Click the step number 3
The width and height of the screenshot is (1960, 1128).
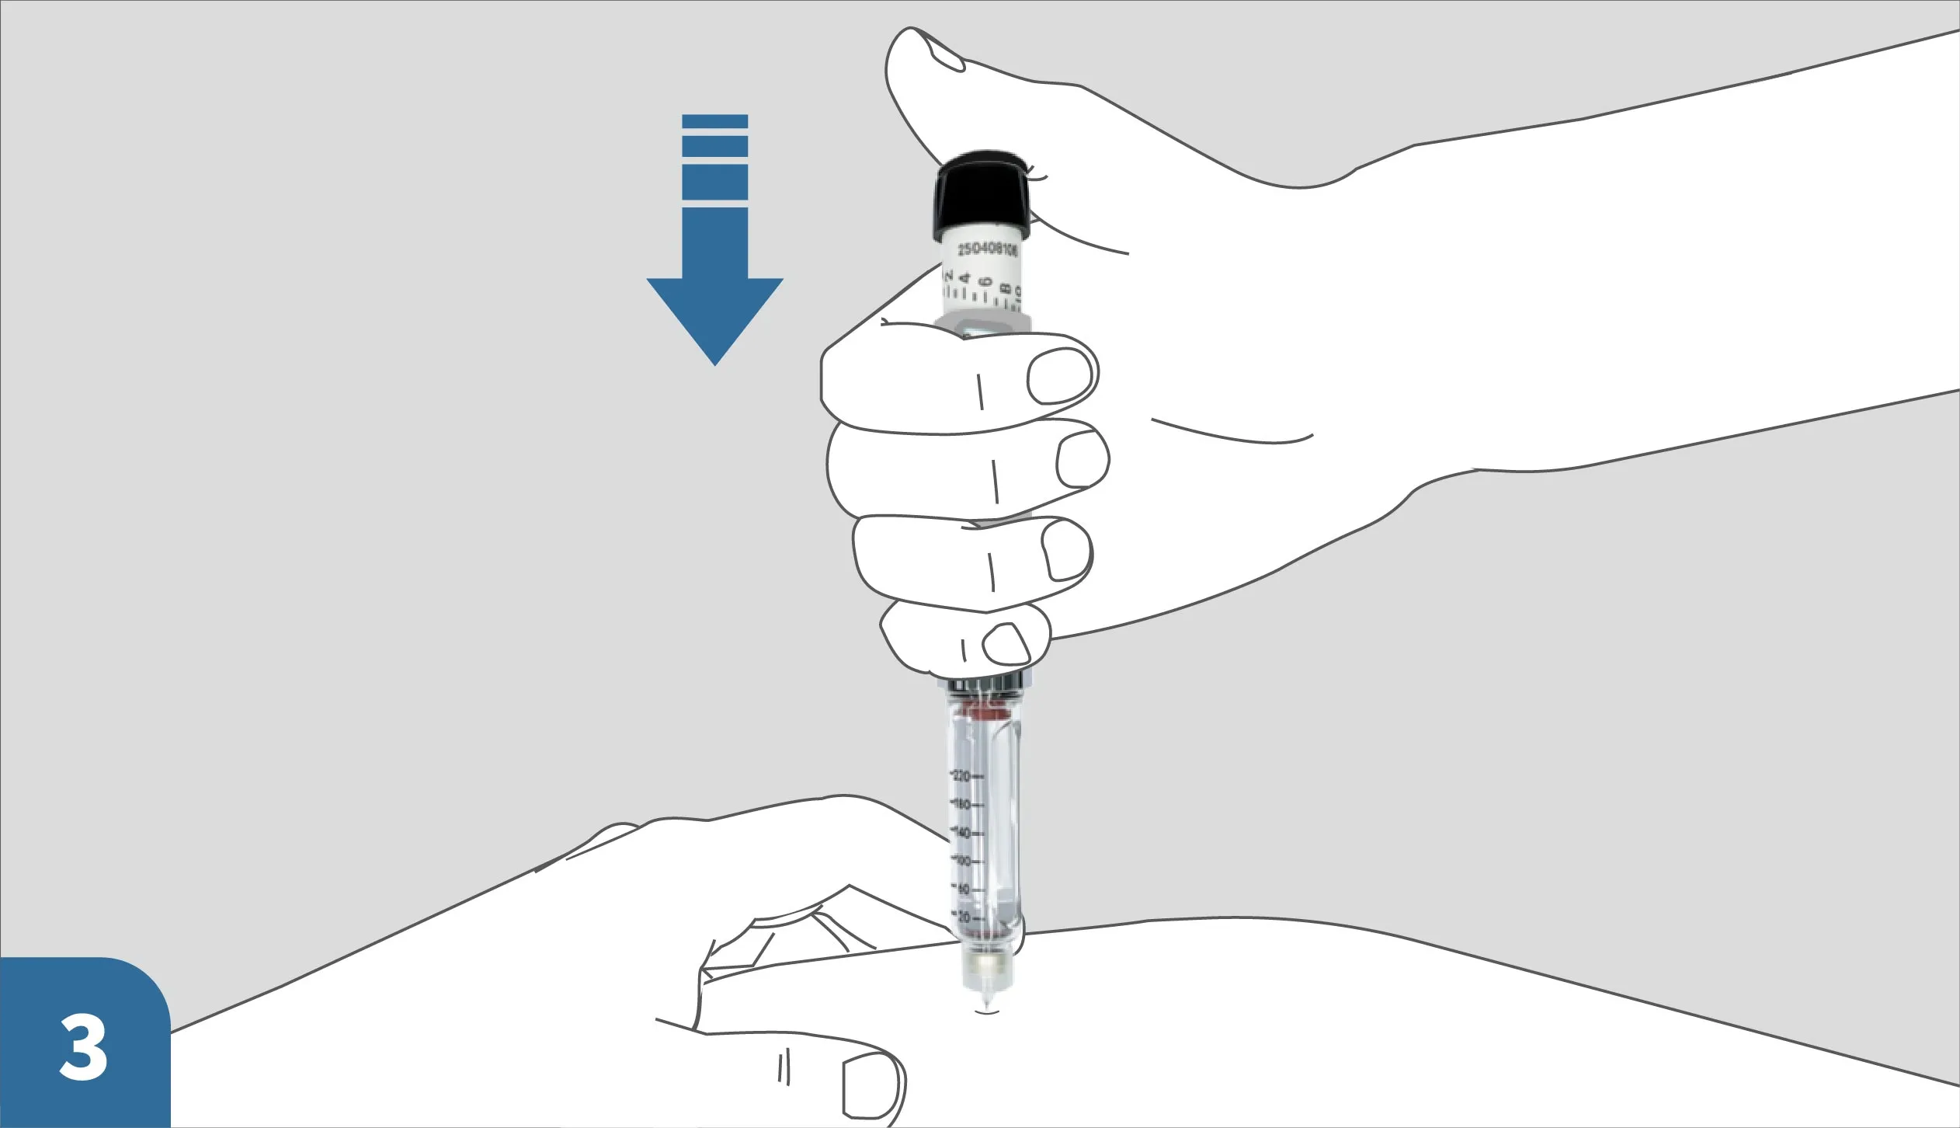[x=83, y=1048]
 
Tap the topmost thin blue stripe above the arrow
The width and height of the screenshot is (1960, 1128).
[x=714, y=121]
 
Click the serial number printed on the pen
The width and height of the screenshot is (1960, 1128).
[x=987, y=249]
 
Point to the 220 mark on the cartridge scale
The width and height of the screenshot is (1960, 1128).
[x=962, y=776]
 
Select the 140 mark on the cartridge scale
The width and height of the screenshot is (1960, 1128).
[x=962, y=833]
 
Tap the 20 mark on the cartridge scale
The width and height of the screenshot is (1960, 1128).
[x=964, y=917]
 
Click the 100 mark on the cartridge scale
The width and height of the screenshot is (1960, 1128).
[x=963, y=861]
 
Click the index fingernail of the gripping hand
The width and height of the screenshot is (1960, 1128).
[x=1060, y=376]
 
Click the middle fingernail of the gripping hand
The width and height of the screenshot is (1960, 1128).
[x=1082, y=460]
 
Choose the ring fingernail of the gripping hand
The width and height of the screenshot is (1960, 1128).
[x=1067, y=550]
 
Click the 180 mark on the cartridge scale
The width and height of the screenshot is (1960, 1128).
[x=962, y=805]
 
